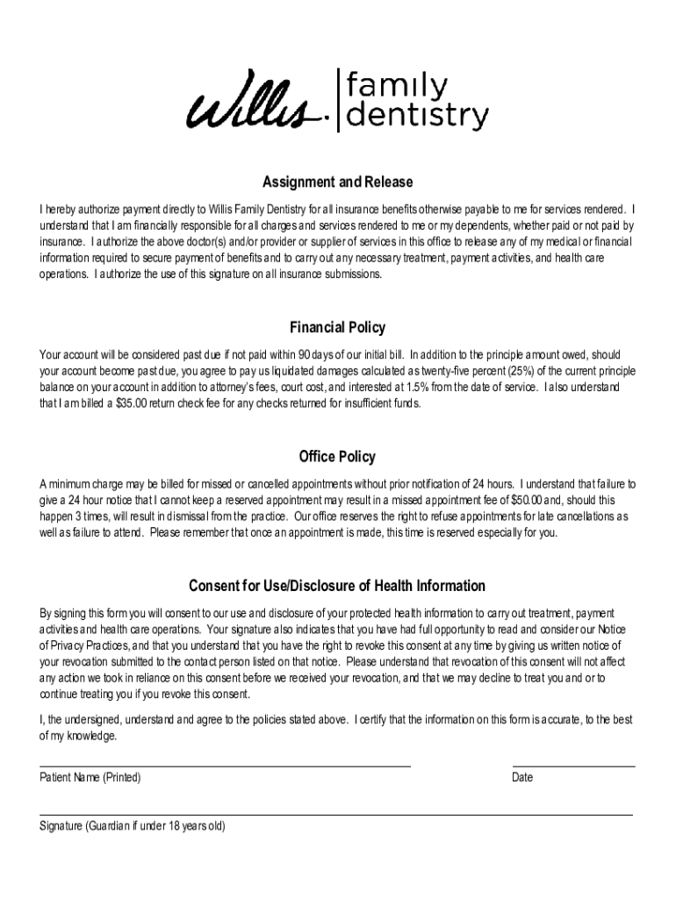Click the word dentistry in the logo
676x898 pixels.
tap(417, 117)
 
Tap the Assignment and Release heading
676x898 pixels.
tap(338, 182)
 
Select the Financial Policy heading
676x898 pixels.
tap(338, 328)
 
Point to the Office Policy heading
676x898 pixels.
tap(338, 457)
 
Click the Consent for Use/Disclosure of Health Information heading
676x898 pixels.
tap(338, 586)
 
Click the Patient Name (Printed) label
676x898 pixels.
tap(90, 778)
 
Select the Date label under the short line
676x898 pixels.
tap(522, 778)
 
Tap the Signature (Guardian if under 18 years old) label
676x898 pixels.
tap(133, 826)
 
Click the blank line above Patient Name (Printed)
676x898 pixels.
tap(225, 766)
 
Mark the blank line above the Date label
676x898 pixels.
tap(573, 766)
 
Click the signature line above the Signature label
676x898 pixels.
tap(336, 815)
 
